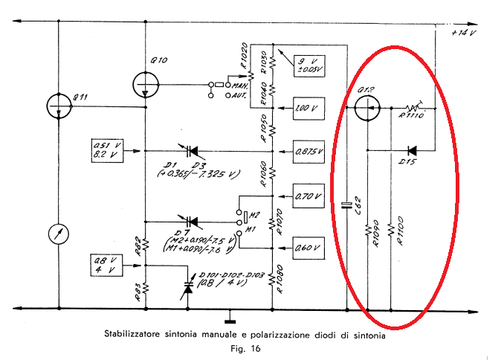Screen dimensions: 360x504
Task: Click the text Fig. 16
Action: [246, 347]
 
